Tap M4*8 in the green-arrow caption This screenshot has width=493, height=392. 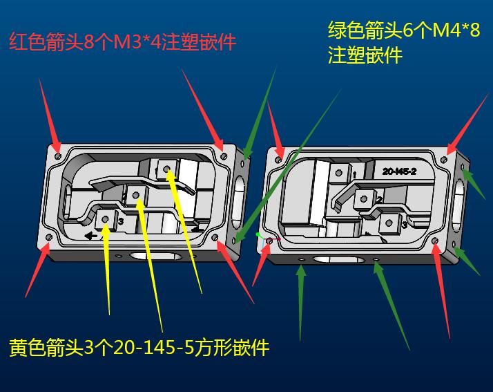click(456, 30)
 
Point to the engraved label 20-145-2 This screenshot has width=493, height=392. click(399, 171)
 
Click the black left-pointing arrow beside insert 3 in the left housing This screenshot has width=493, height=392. click(90, 235)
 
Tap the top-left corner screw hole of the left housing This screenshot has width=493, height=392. click(58, 156)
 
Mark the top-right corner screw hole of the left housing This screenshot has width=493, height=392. click(224, 156)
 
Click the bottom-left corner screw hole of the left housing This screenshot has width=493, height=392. click(49, 237)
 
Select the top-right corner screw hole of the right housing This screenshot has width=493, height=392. click(444, 159)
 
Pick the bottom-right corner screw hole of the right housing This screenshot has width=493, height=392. click(435, 241)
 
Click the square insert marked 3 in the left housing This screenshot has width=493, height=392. click(106, 219)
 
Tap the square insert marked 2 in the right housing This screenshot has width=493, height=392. click(363, 199)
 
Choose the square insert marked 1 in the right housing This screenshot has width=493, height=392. click(338, 173)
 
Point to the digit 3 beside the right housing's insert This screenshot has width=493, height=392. click(405, 225)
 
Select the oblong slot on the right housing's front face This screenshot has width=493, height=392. click(338, 260)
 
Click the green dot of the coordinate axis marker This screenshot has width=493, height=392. click(258, 234)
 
